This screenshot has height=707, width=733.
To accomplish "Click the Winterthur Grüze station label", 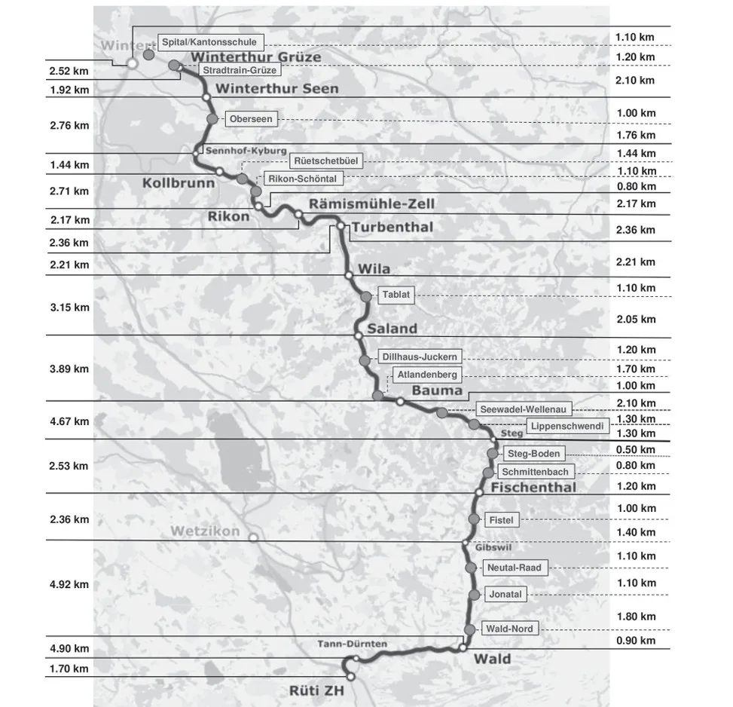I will [x=256, y=57].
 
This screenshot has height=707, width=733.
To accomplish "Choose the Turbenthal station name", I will [x=390, y=228].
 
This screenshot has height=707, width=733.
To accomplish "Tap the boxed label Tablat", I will [x=396, y=295].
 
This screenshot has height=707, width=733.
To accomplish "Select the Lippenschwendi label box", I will [x=567, y=426].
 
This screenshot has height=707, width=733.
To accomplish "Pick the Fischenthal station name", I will [x=533, y=488].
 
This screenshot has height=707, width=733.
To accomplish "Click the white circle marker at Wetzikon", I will [x=254, y=537].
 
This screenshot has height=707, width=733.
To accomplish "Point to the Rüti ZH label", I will [x=316, y=690].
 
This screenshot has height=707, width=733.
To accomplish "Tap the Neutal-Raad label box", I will [x=514, y=568].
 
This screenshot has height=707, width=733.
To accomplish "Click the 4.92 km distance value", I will [x=69, y=584].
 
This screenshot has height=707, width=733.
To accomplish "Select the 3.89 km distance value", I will [x=69, y=369].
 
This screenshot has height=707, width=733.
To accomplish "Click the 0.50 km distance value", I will [x=636, y=450].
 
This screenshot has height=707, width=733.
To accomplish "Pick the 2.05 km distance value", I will [x=636, y=320].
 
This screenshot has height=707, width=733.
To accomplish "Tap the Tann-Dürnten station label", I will [x=353, y=644].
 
